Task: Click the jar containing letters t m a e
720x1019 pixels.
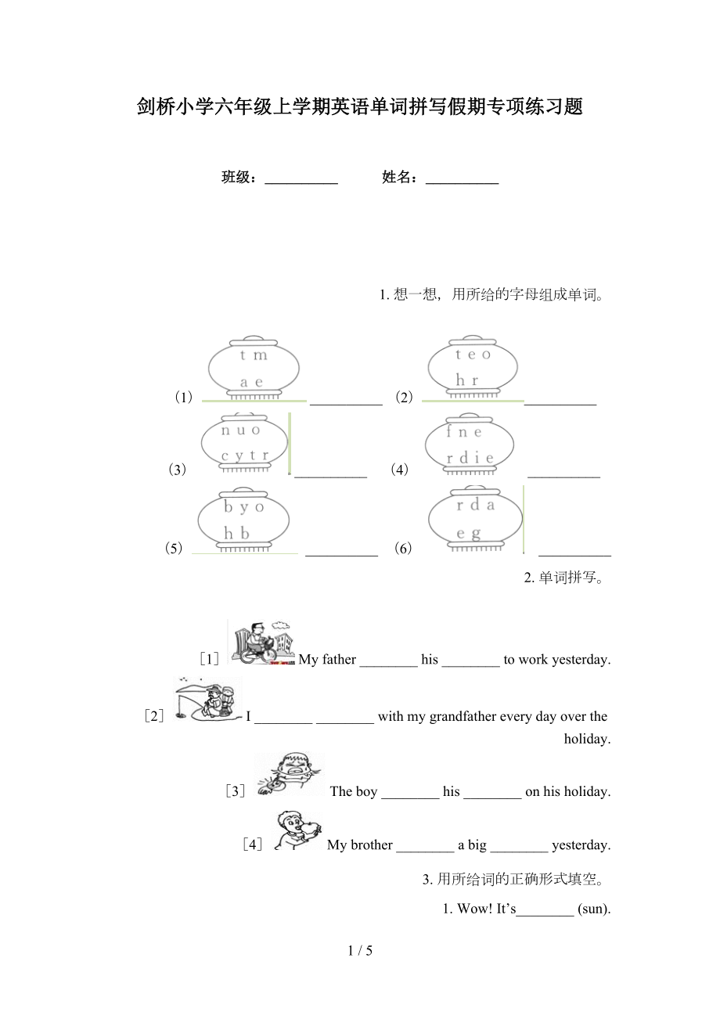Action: coord(254,368)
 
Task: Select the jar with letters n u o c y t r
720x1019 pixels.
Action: coord(244,443)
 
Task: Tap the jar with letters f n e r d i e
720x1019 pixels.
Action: coord(470,444)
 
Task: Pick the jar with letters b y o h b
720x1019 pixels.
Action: coord(243,520)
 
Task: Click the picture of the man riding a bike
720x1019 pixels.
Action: coord(261,642)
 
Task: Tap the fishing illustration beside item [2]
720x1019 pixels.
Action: coord(208,699)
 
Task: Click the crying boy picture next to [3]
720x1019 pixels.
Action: coord(290,774)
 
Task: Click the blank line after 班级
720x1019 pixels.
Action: coord(301,183)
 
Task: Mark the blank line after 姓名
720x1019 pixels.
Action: coord(462,183)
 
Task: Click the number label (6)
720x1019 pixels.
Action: coord(403,548)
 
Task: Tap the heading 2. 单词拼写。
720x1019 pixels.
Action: coord(564,578)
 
